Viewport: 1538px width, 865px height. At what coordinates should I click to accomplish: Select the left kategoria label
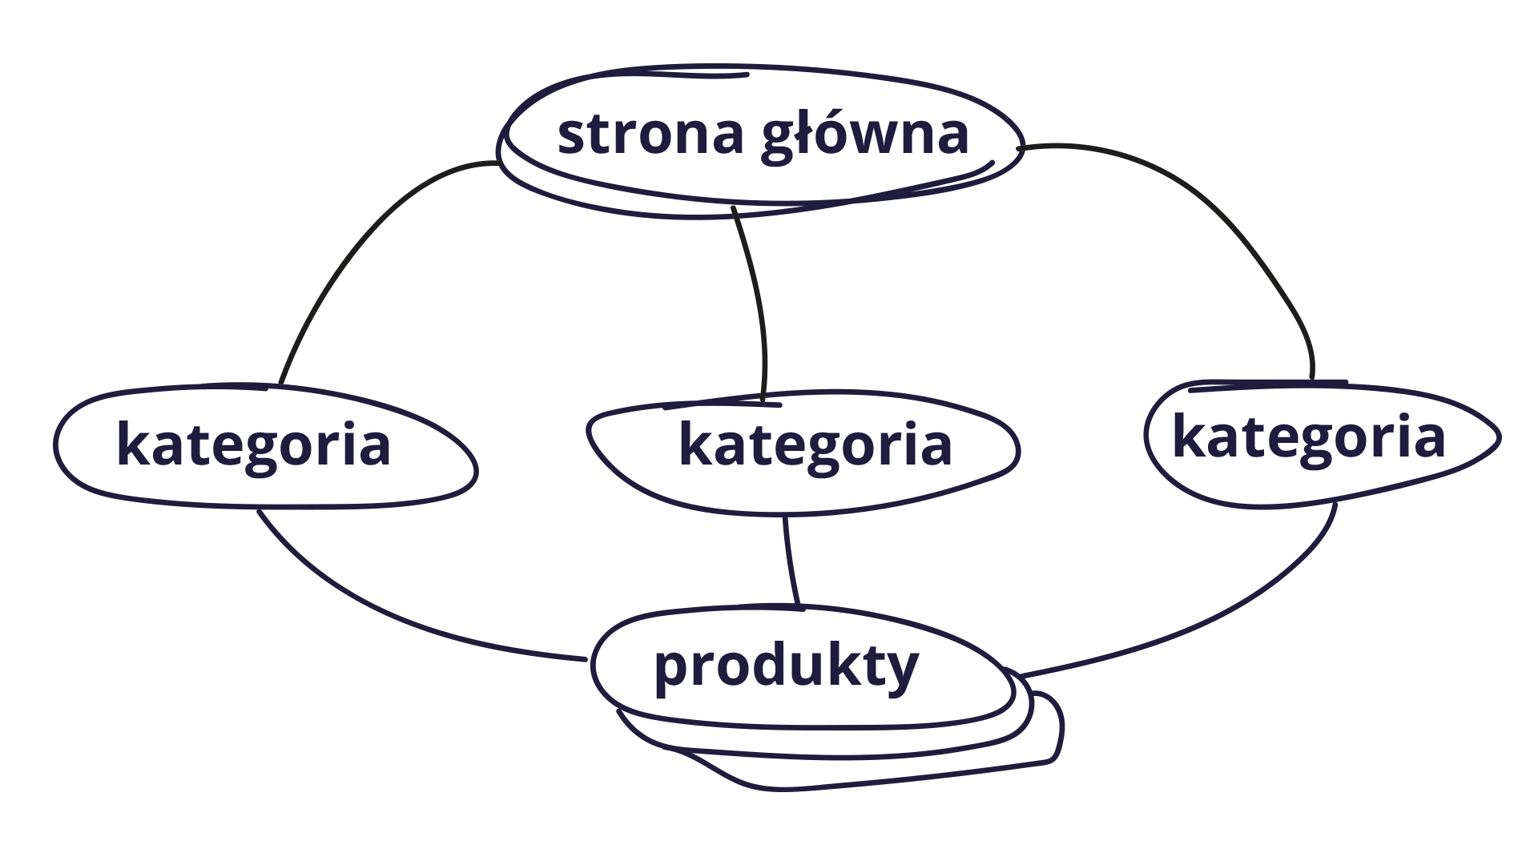(253, 445)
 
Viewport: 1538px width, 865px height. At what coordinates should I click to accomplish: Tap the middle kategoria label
(815, 445)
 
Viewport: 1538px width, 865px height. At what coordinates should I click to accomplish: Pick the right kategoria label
(1309, 437)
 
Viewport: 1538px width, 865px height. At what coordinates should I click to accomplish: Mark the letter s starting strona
(570, 138)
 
